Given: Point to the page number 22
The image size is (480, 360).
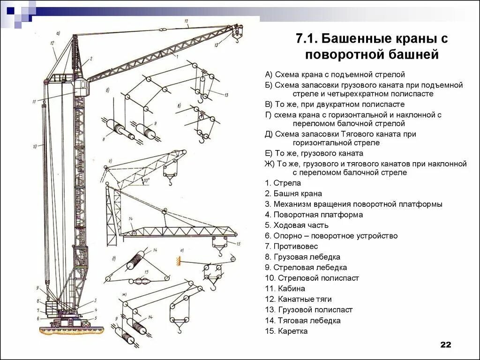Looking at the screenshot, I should point(445,345).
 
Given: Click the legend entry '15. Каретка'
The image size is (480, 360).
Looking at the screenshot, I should point(286,331).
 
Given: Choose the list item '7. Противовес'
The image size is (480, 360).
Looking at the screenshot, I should point(291,247).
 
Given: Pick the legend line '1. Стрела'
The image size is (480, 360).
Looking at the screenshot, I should point(283,183).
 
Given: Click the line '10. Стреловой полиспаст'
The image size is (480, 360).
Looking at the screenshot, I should point(312,278).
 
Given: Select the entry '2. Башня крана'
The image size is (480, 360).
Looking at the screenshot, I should point(293,194).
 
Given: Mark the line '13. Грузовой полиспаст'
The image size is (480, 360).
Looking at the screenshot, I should point(308,310).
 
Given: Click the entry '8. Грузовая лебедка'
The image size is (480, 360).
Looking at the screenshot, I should point(302,257).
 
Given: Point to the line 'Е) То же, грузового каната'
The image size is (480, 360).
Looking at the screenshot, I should point(314,153).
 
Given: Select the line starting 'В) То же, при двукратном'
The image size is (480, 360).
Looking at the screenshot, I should point(334,104).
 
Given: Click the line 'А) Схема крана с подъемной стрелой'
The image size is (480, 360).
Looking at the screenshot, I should point(334,75).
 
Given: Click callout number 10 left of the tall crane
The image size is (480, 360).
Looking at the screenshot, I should point(35,147).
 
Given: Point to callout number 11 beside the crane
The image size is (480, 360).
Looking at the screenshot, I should point(34,101).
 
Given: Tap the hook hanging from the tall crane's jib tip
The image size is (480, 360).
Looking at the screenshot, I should point(237,39).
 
